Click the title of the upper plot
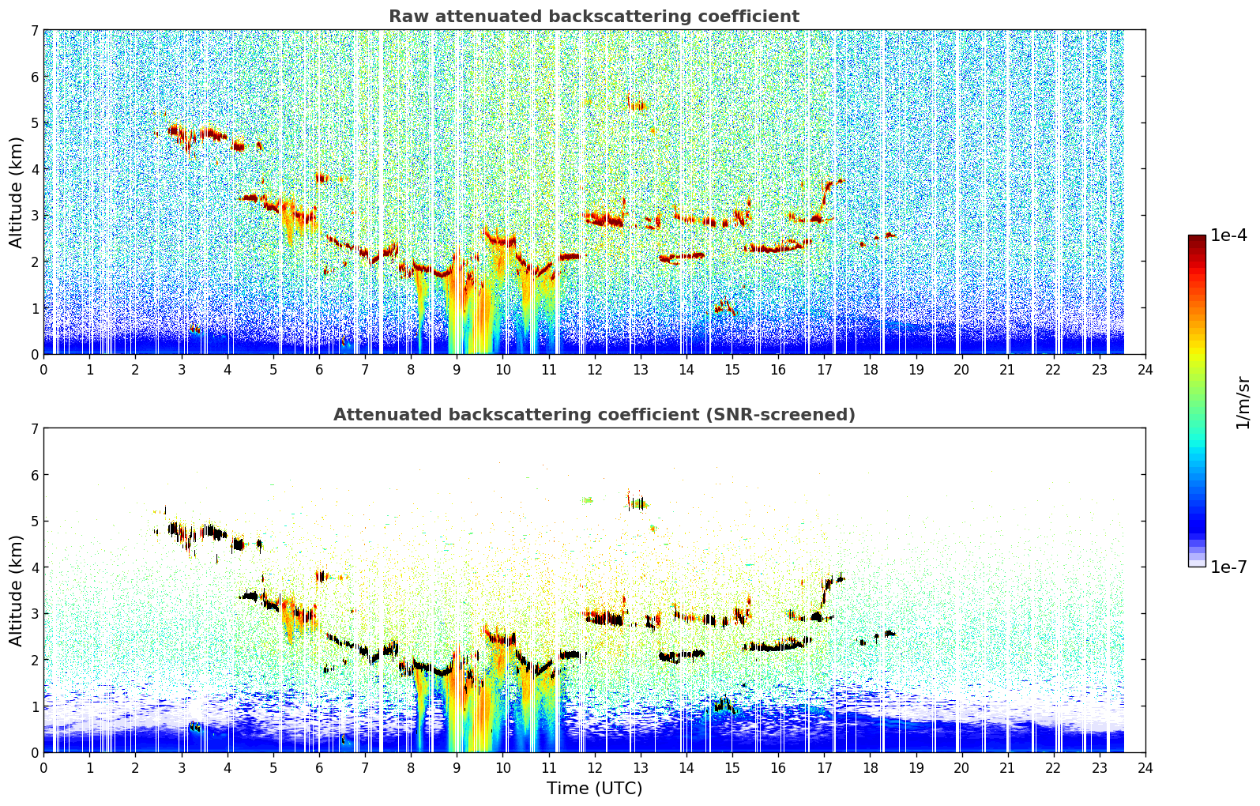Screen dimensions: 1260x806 594,17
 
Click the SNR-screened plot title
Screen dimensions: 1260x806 594,414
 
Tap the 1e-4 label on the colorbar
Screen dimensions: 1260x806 1228,235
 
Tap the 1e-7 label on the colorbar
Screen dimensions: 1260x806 1228,567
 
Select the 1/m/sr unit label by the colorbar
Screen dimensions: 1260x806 1243,403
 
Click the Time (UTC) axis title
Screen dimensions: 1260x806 594,789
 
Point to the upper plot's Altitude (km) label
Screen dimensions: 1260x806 16,193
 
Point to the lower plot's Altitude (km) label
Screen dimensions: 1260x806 16,590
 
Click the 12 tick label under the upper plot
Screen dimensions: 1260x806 595,370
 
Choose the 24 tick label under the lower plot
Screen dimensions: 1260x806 1145,768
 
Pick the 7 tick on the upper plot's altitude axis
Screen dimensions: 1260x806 35,30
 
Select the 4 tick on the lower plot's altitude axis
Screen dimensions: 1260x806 35,567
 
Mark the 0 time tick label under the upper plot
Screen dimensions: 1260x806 44,370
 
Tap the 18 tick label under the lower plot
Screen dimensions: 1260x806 871,768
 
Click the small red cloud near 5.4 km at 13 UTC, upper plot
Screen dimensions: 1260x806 638,104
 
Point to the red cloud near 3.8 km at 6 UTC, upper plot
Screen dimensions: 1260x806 323,179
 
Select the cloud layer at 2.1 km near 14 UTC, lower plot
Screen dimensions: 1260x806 682,655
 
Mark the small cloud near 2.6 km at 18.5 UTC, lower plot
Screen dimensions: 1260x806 889,634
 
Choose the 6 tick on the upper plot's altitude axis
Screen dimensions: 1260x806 35,77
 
